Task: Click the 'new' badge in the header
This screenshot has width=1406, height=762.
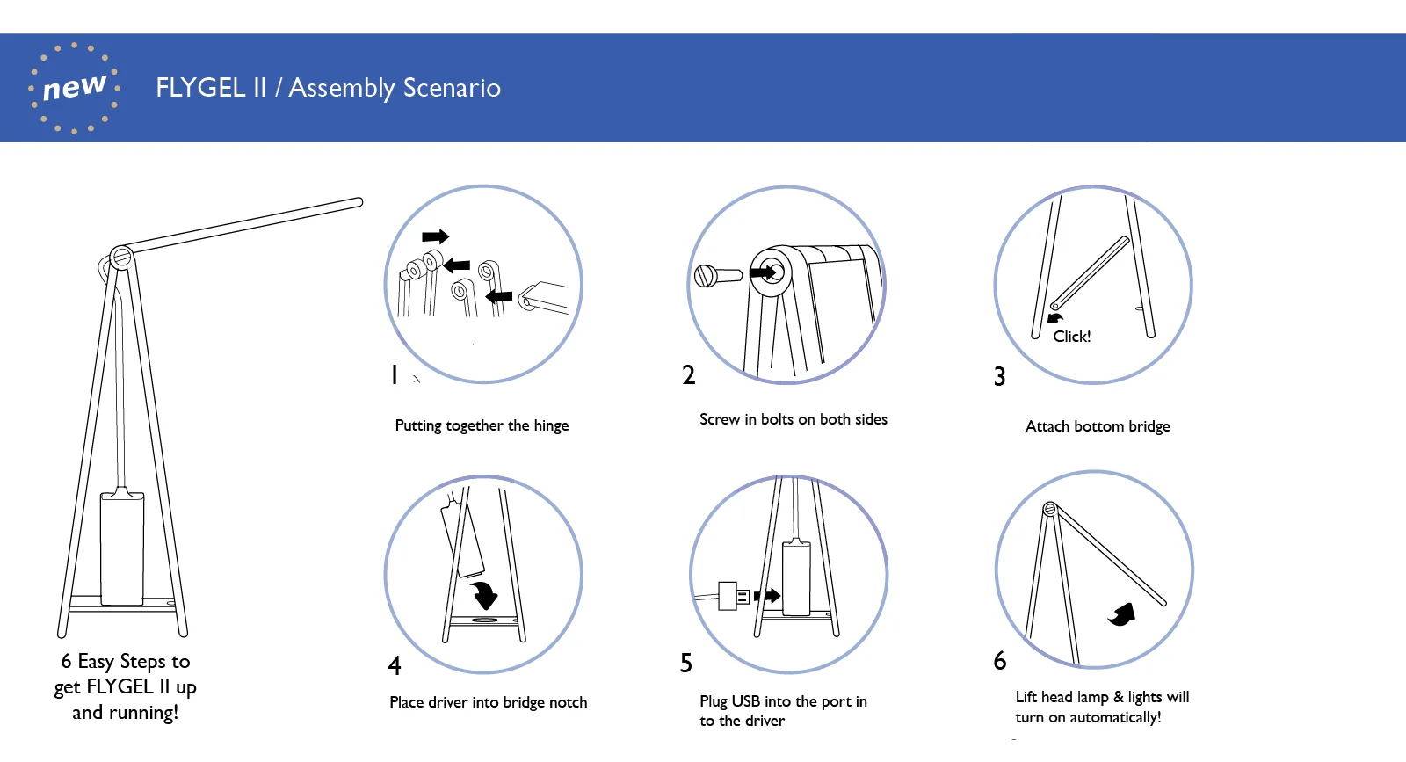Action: tap(74, 88)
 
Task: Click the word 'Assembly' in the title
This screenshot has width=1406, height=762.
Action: tap(342, 88)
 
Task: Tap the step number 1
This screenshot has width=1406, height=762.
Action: tap(395, 375)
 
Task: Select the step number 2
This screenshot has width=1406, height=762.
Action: tap(689, 375)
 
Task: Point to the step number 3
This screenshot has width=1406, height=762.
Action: tap(999, 377)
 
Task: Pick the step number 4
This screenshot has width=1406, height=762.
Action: tap(395, 665)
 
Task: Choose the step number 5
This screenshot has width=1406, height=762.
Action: tap(686, 663)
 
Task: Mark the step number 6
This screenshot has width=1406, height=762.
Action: tap(1000, 660)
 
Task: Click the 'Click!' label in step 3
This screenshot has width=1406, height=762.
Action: tap(1071, 337)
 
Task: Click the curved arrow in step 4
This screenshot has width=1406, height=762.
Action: tap(484, 594)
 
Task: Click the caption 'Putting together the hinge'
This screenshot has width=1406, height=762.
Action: tap(482, 425)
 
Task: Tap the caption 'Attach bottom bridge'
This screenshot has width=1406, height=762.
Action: tap(1098, 426)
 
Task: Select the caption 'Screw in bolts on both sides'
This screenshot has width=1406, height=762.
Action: tap(793, 419)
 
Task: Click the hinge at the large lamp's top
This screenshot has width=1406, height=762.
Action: tap(121, 258)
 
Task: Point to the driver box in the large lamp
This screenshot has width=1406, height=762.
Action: tap(121, 549)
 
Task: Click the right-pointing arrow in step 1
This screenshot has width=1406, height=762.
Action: tap(435, 236)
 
